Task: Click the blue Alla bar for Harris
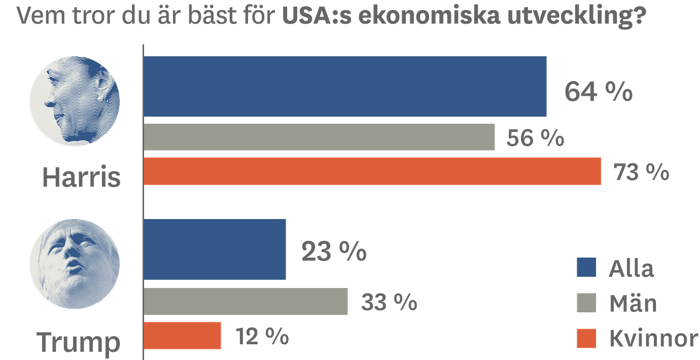[x=346, y=87]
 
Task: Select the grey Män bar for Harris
[x=320, y=137]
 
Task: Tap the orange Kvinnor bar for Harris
[x=373, y=171]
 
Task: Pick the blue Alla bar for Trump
[x=216, y=249]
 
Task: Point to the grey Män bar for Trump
[x=247, y=302]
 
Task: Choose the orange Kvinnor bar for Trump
[x=183, y=335]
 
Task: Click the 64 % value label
[x=599, y=92]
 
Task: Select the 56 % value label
[x=535, y=138]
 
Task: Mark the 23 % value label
[x=334, y=251]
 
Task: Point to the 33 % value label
[x=389, y=303]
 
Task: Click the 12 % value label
[x=262, y=336]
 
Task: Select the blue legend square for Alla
[x=587, y=268]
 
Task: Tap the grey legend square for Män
[x=587, y=303]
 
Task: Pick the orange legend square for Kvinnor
[x=587, y=338]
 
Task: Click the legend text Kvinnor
[x=653, y=338]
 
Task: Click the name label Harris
[x=81, y=177]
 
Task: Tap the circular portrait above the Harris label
[x=75, y=101]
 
